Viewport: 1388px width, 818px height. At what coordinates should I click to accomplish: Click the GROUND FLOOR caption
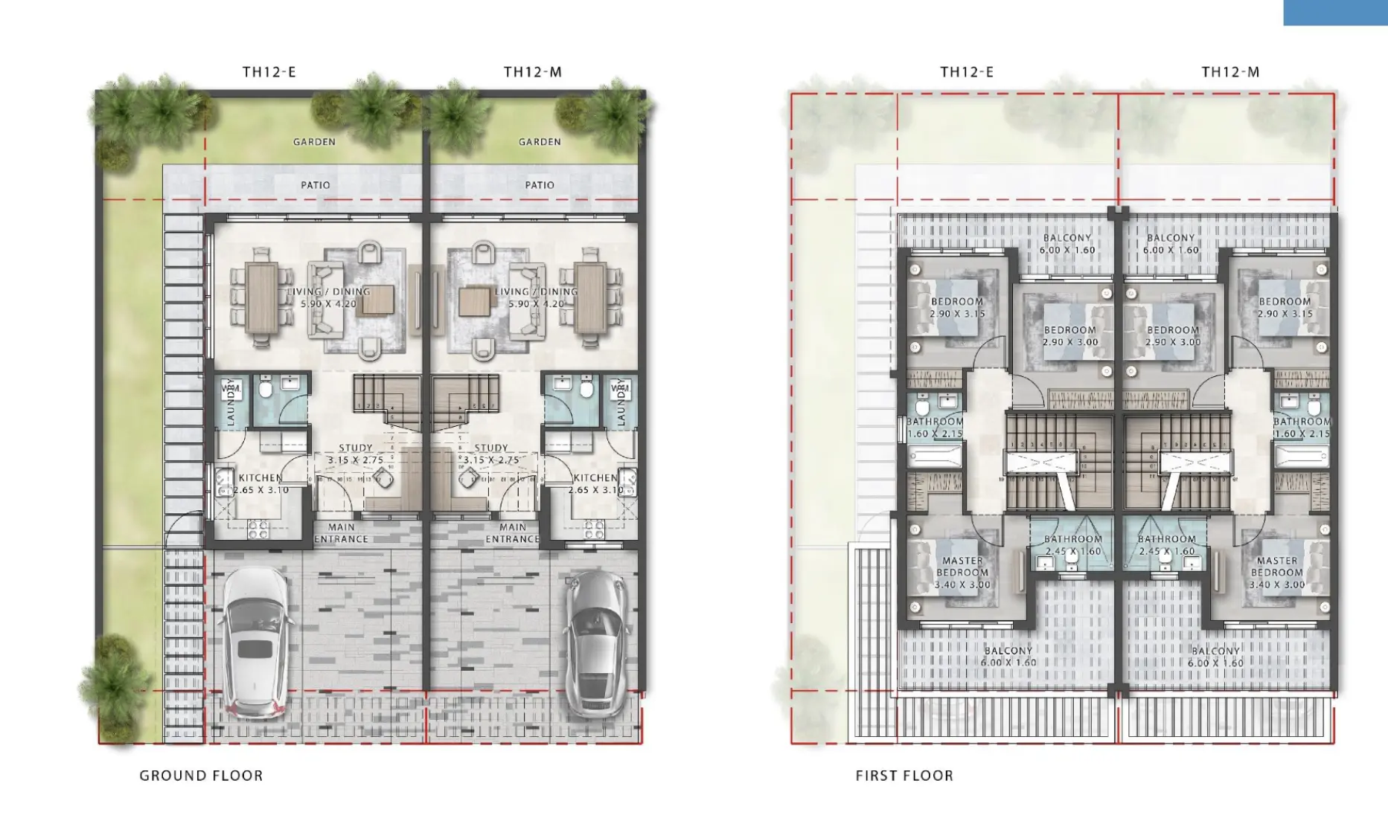pos(201,776)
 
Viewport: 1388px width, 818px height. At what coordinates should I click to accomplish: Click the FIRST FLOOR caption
pos(904,776)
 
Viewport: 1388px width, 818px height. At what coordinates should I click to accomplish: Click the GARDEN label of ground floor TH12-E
pos(314,141)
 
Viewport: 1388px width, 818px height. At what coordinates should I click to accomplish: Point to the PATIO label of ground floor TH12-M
pos(540,185)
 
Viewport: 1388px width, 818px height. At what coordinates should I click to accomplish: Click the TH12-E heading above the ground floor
pos(269,72)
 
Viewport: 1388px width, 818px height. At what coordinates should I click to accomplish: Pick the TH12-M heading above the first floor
pos(1230,72)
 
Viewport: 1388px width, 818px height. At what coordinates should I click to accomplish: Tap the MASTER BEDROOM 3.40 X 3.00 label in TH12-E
pos(962,573)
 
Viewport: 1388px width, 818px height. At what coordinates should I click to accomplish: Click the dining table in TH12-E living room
pos(262,298)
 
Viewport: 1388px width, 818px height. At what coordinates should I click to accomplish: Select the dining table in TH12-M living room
pos(590,298)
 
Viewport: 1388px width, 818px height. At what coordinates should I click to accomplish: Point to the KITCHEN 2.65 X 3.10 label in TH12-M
pos(595,483)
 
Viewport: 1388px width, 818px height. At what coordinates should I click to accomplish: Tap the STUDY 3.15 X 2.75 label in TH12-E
pos(355,454)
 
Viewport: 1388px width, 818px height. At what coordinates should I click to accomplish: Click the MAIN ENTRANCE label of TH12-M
pos(512,533)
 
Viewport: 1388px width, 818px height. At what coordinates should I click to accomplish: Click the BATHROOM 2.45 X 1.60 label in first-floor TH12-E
pos(1072,545)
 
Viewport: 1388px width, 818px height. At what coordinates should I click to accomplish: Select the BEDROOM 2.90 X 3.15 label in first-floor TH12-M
pos(1285,307)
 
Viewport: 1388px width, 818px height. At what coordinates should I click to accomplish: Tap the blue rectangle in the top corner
pos(1335,13)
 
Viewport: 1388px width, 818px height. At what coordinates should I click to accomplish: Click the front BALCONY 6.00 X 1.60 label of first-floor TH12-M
pos(1215,656)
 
